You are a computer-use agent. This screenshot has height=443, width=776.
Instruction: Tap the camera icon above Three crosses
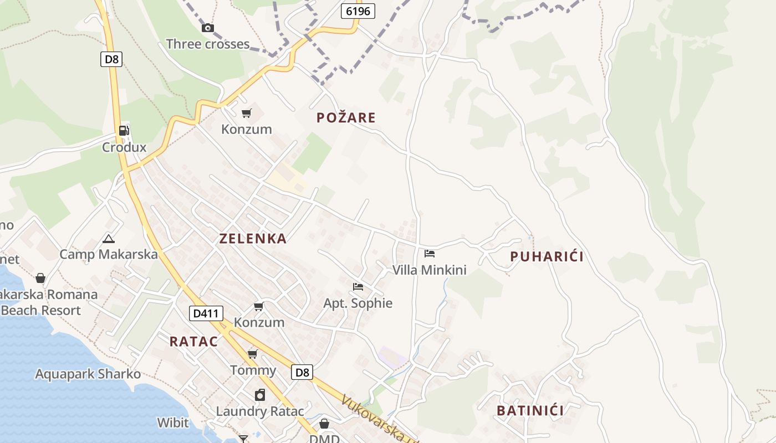coord(208,28)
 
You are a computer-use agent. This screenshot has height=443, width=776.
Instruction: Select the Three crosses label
coord(208,44)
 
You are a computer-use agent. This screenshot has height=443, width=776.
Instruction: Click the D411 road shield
coord(206,313)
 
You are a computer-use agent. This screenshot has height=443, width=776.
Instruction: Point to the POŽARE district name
coord(346,117)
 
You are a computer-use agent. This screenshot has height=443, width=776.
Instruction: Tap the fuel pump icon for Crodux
coord(124,131)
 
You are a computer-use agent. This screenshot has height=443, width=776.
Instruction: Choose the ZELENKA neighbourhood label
coord(253,239)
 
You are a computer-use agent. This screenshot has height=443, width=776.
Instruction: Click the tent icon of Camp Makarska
coord(109,239)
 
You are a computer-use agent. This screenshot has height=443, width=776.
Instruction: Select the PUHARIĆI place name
coord(547,256)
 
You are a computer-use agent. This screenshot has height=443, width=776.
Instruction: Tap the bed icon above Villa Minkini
coord(430,254)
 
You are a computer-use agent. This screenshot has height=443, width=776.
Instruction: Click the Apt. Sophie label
coord(358,303)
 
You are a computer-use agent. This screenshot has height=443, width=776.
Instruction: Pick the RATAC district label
coord(193,342)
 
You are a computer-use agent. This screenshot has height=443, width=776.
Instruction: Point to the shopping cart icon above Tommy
coord(253,354)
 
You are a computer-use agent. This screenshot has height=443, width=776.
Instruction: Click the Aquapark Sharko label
coord(88,374)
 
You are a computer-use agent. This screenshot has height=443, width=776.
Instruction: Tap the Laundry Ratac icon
coord(260,395)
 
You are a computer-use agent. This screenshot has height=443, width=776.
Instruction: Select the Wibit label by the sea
coord(173,423)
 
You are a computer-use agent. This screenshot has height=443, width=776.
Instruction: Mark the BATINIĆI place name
coord(530,411)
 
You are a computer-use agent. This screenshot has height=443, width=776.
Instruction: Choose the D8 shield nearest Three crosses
coord(111,59)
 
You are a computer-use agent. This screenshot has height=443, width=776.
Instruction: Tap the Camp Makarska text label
coord(109,254)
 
